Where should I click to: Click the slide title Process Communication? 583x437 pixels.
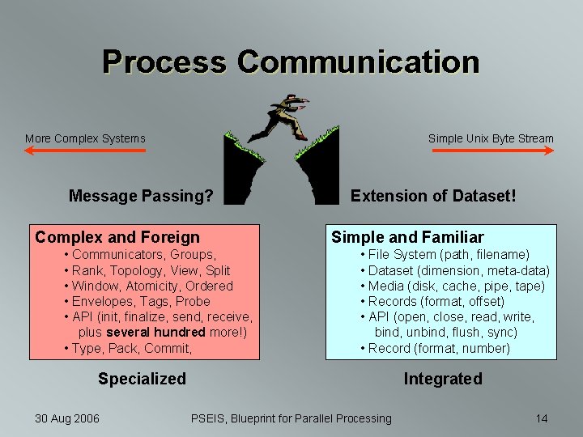pos(291,62)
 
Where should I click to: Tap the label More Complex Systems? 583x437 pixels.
pos(85,138)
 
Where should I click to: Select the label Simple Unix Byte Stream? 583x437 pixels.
pos(491,138)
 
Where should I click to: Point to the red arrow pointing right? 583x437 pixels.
pos(492,151)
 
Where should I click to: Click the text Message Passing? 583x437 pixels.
pos(142,196)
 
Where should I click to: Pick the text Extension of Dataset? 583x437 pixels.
pos(433,196)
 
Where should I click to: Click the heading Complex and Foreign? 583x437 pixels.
pos(117,237)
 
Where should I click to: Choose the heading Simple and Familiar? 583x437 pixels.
pos(407,237)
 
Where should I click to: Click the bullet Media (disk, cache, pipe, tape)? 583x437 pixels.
pos(456,286)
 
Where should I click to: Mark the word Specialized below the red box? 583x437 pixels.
pos(142,379)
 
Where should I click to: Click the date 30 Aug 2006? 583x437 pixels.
pos(67,418)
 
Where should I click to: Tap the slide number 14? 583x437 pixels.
pos(542,418)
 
